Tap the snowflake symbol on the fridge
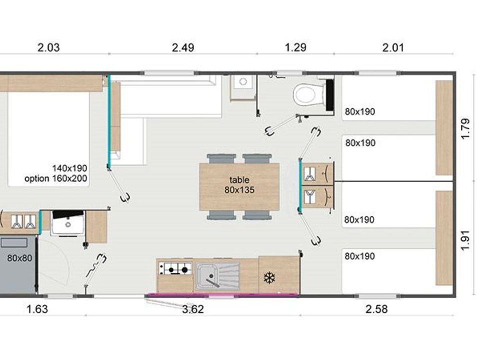click(x=269, y=278)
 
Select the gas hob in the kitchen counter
click(x=175, y=269)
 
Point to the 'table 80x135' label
click(x=239, y=185)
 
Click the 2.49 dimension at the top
click(x=183, y=47)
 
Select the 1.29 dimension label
click(x=295, y=47)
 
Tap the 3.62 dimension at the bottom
click(x=193, y=309)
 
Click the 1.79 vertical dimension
click(x=465, y=128)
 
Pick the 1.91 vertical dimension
click(x=465, y=240)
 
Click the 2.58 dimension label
click(x=376, y=309)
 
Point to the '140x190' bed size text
click(x=69, y=168)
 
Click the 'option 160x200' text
click(x=55, y=178)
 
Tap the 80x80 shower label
click(x=19, y=258)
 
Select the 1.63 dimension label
click(x=37, y=309)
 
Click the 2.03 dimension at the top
click(x=48, y=47)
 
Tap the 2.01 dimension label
click(x=393, y=47)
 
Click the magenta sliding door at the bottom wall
click(x=222, y=295)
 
